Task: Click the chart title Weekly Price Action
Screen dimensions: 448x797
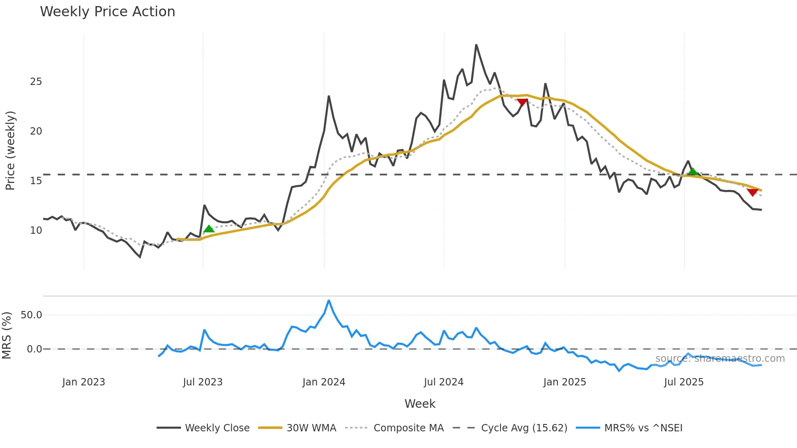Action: pos(107,12)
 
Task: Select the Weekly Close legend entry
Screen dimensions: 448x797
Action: pos(217,428)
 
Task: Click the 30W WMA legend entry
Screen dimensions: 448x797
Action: pos(311,428)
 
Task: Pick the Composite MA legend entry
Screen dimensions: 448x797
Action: pos(408,428)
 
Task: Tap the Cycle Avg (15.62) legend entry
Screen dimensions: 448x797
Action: pos(524,428)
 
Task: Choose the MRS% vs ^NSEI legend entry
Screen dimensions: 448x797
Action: pos(643,428)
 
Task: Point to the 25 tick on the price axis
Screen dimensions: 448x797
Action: pos(36,82)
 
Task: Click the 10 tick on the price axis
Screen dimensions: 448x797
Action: pos(36,231)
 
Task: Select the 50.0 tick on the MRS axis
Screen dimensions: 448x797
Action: pos(31,315)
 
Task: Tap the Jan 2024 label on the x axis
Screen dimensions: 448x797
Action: pos(324,382)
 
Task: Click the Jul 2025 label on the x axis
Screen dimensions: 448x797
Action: pos(684,382)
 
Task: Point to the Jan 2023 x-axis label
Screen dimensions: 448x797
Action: pos(83,382)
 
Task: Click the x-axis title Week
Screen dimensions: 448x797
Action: pos(420,404)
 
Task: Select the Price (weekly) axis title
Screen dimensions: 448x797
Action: pos(10,150)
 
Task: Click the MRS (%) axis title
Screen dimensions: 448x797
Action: pos(7,335)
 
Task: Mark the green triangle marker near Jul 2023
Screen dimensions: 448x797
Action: pos(209,229)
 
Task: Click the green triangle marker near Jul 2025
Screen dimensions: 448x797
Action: pos(692,172)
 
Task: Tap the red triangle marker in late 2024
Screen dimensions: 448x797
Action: pos(522,102)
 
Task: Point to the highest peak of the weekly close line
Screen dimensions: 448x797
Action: pos(476,45)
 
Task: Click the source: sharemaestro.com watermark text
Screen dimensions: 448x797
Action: pos(720,359)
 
